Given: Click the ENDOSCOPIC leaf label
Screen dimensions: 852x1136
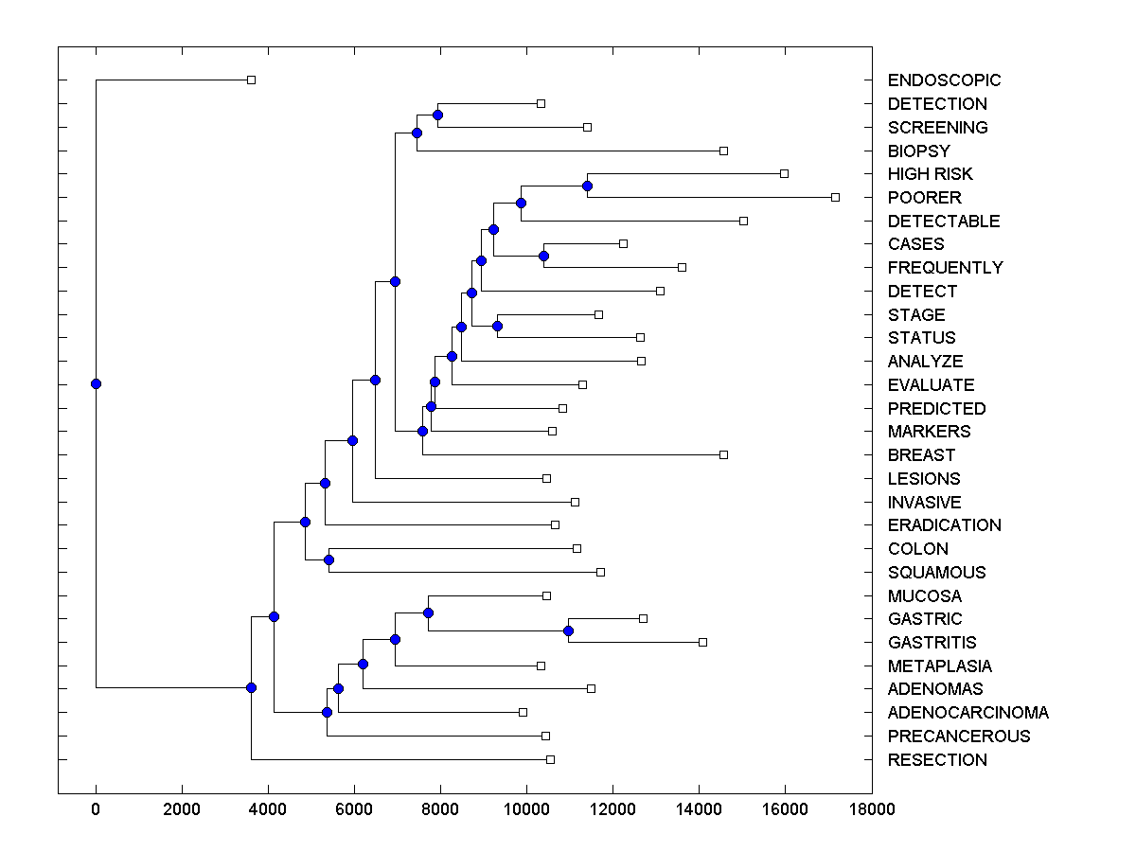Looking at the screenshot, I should coord(944,80).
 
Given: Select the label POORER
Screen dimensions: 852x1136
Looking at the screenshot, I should coord(924,198).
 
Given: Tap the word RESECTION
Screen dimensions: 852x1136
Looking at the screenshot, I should coord(937,760).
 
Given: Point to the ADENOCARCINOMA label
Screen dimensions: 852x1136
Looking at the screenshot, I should coord(967,713).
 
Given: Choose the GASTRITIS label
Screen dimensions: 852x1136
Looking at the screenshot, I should coord(932,643).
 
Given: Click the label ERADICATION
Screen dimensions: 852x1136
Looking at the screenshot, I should coord(944,525).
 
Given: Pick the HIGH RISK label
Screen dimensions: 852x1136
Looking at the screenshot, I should coord(930,174).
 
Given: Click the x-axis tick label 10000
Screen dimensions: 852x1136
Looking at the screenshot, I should coord(526,809).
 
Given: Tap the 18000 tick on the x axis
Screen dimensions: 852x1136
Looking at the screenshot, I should coord(871,809).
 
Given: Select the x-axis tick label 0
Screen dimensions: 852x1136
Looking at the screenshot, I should coord(96,809).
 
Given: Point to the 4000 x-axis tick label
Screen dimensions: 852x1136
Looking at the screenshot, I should coord(268,809).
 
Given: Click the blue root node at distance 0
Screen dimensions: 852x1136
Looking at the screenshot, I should coord(96,383).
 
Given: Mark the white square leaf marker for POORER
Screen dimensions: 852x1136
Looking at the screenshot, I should coord(835,197).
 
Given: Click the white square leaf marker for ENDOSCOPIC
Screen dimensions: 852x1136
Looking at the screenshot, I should coord(251,80).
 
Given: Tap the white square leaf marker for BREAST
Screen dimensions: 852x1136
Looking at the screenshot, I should coord(723,454).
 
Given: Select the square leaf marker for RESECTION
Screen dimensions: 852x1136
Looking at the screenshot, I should coord(550,759).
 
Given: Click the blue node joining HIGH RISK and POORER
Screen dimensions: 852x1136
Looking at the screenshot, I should coord(587,186).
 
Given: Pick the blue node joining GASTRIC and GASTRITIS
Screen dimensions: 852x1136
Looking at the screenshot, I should coord(568,630).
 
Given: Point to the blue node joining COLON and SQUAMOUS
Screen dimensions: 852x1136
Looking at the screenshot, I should coord(328,559).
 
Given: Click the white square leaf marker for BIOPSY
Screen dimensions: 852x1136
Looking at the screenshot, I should coord(723,151).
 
